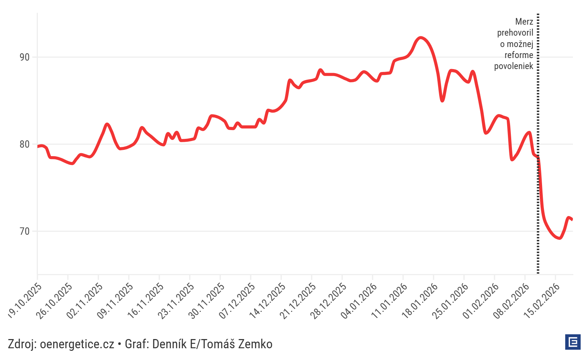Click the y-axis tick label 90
(x=25, y=57)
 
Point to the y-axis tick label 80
(x=25, y=144)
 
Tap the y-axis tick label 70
(x=25, y=231)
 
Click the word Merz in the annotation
(x=524, y=22)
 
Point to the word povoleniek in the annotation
(x=513, y=66)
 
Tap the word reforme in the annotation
(x=519, y=55)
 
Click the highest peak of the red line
(x=420, y=37)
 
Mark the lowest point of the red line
(x=559, y=238)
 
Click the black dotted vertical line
(x=538, y=110)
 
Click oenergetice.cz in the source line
(x=77, y=344)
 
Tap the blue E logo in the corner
(x=573, y=342)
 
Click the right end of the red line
(x=572, y=219)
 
